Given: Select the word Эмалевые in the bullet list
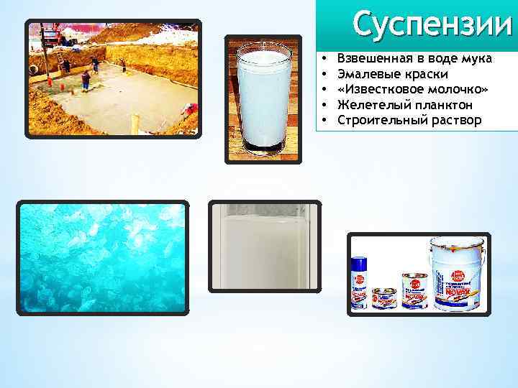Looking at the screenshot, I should tap(365, 74).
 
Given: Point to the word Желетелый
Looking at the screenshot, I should tap(368, 104).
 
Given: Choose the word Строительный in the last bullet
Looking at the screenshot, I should tap(377, 119).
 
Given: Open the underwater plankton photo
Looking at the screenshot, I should tap(102, 257).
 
